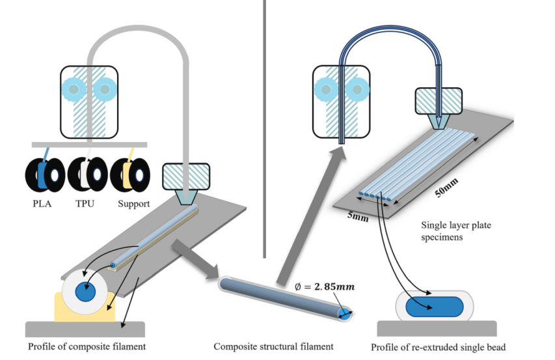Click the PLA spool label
[40, 204]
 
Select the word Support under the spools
[134, 204]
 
